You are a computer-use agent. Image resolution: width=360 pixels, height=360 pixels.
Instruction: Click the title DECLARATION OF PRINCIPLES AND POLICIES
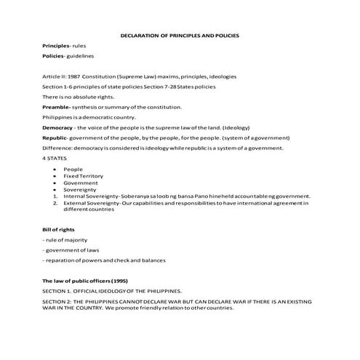(x=179, y=35)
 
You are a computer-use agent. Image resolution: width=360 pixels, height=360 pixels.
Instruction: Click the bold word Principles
(x=57, y=46)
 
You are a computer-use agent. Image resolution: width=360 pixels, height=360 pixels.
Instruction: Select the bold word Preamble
(x=56, y=106)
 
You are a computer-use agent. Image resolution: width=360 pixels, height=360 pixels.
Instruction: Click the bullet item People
(x=73, y=169)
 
